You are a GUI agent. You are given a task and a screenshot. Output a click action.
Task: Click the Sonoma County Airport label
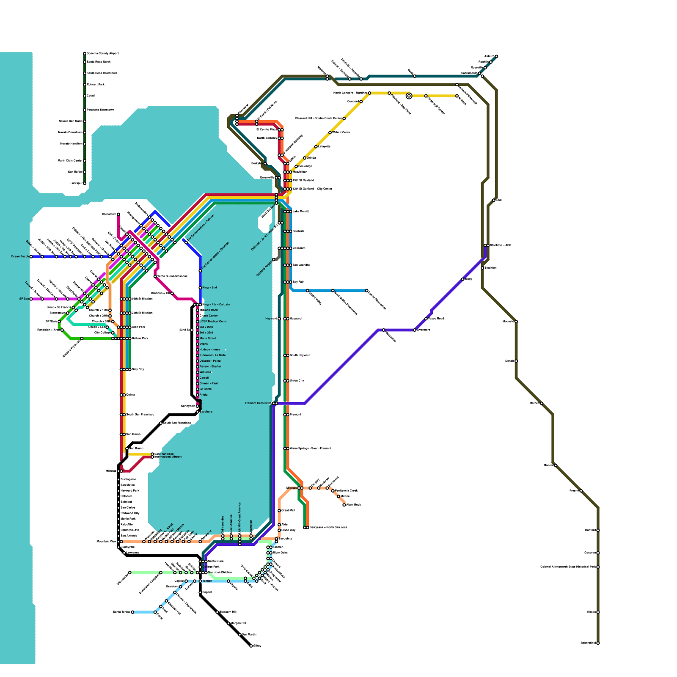pos(102,54)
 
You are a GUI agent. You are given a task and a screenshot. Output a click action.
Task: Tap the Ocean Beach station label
pos(20,257)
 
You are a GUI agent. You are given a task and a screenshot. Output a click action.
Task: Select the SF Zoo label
pos(24,299)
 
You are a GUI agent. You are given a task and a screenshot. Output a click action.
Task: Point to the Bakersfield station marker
pos(598,643)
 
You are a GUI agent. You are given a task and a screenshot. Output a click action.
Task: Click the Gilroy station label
pos(257,646)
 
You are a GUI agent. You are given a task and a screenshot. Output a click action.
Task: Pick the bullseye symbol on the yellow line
pos(409,96)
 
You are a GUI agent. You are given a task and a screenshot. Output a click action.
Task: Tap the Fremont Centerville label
pos(258,404)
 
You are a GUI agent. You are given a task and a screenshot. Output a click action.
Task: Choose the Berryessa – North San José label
pos(328,528)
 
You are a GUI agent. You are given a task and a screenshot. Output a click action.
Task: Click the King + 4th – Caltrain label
pos(216,305)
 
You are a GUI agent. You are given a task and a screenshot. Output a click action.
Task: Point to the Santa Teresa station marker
pos(132,612)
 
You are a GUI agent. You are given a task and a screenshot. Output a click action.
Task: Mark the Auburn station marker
pos(496,56)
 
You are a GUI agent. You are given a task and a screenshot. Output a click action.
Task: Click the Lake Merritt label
pos(301,211)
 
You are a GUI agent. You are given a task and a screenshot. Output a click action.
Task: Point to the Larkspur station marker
pos(85,184)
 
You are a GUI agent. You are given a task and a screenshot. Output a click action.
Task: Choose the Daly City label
pos(138,370)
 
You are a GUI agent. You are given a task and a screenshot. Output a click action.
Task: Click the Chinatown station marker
pos(118,215)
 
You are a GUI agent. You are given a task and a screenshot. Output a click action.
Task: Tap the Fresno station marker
pos(581,491)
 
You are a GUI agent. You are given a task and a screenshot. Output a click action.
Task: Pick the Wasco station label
pos(591,612)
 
